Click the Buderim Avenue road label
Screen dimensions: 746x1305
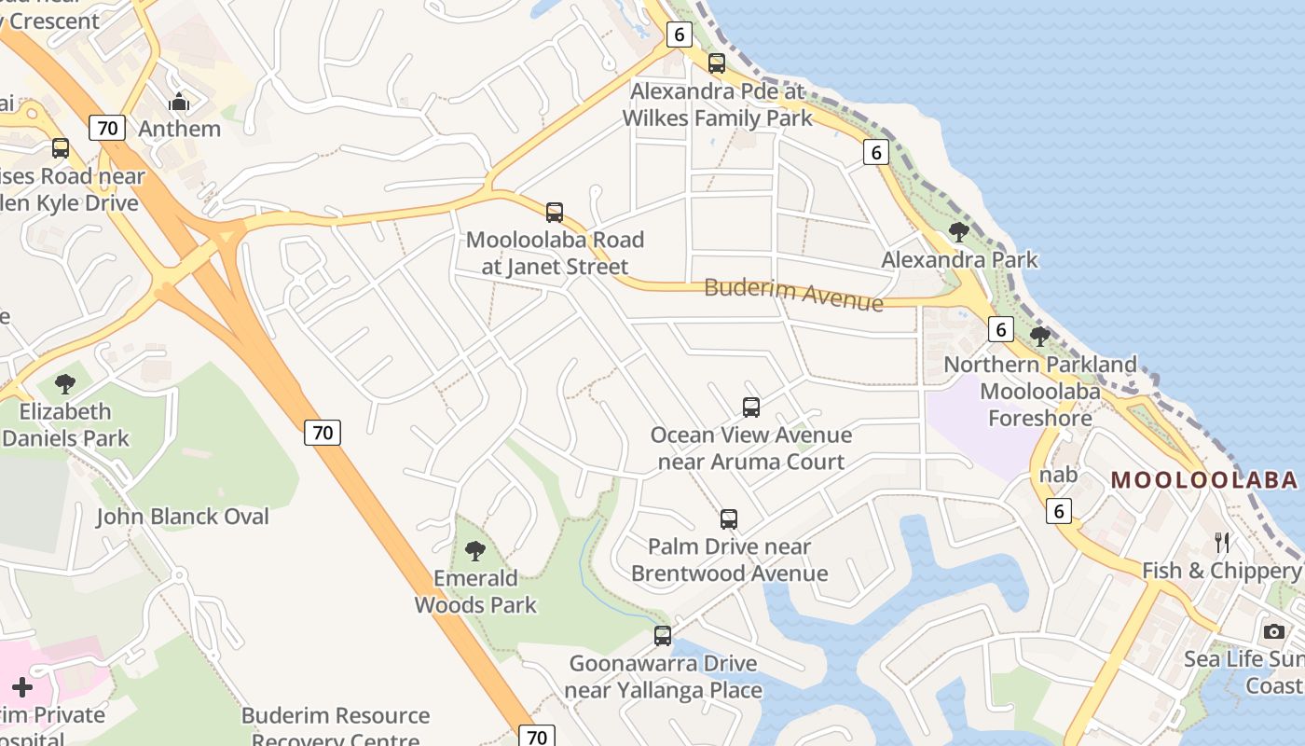(793, 294)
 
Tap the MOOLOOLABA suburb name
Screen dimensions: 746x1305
(1204, 480)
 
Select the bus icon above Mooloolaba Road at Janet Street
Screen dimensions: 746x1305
(555, 213)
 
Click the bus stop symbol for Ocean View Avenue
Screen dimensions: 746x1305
(751, 408)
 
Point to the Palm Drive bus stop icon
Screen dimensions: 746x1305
(729, 519)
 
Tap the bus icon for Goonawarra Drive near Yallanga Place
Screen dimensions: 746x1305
(663, 637)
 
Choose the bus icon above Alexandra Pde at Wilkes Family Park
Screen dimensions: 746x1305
(717, 63)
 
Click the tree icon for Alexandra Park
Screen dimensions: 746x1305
(958, 232)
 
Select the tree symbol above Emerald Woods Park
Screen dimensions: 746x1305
(475, 551)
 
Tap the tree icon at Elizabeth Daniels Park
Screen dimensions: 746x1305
(65, 383)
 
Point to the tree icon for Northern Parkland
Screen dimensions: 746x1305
(1040, 337)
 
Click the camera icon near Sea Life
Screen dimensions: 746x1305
(1274, 631)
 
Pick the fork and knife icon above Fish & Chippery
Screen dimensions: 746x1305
(1222, 543)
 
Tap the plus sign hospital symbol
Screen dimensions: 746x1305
(22, 688)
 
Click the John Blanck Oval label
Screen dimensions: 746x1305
(183, 517)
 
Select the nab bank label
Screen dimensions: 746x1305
(1059, 476)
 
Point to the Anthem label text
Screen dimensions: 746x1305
(180, 129)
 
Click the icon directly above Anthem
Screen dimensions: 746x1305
(179, 102)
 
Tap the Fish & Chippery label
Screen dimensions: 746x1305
(1221, 571)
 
